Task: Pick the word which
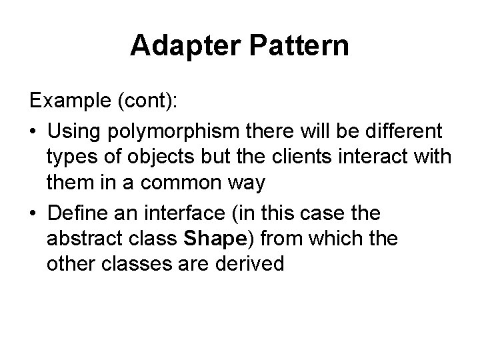pos(331,238)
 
